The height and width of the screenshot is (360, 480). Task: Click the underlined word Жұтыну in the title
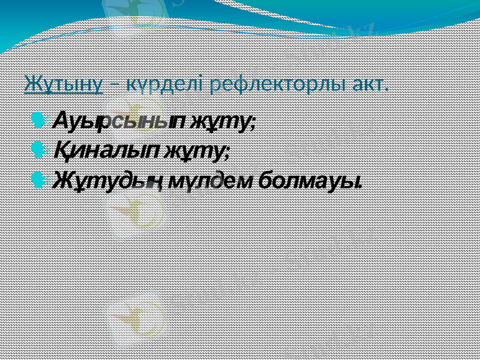(x=63, y=85)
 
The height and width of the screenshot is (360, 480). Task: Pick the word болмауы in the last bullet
(x=308, y=178)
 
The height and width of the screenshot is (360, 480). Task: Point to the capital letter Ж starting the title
(x=32, y=85)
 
